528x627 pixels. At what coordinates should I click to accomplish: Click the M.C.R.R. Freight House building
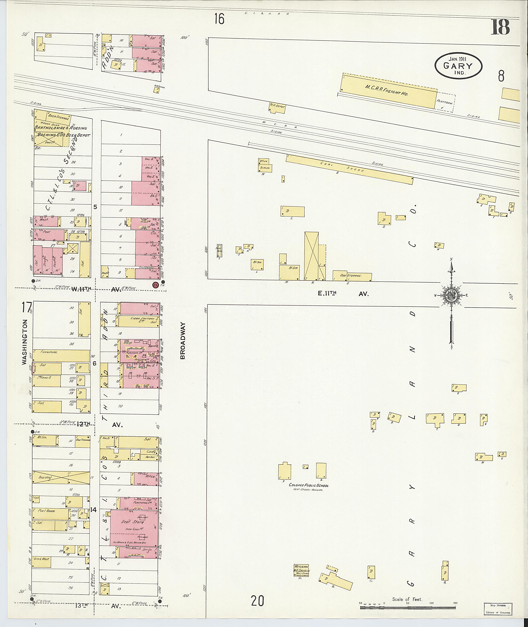[x=389, y=92]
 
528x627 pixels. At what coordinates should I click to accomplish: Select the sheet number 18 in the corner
[x=500, y=28]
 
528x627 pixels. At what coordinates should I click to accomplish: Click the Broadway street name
[x=183, y=340]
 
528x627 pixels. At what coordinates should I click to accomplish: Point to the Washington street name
[x=24, y=342]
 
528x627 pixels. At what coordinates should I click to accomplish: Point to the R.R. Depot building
[x=277, y=108]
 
